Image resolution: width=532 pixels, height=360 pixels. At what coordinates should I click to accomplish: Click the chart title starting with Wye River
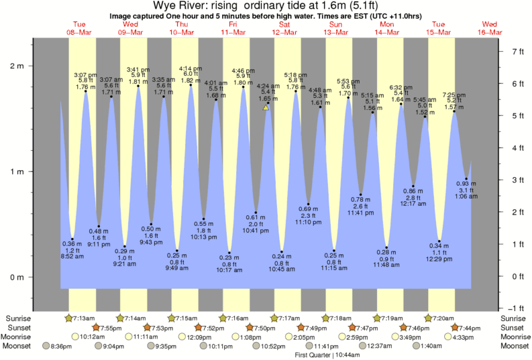[x=266, y=6]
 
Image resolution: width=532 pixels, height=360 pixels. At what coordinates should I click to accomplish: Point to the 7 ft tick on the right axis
[x=517, y=52]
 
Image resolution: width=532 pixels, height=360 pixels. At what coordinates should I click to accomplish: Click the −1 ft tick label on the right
[x=516, y=308]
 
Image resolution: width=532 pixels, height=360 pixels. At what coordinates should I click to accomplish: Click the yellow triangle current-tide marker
[x=266, y=107]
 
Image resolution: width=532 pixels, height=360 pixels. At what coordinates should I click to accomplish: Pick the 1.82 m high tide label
[x=191, y=80]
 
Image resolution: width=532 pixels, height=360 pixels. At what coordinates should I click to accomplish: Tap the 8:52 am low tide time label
[x=72, y=257]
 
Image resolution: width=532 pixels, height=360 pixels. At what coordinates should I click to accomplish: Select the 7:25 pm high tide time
[x=454, y=95]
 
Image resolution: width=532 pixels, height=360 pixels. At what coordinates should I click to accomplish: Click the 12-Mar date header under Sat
[x=284, y=32]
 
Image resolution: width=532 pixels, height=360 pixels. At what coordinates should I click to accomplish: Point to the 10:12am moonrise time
[x=93, y=337]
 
